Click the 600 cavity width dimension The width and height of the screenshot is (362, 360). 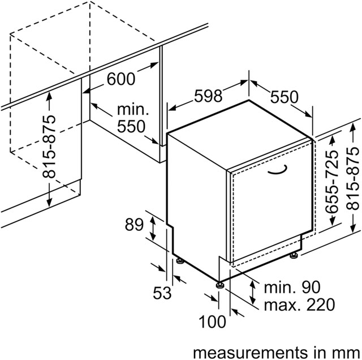(x=121, y=79)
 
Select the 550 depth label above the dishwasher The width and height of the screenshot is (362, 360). (x=283, y=97)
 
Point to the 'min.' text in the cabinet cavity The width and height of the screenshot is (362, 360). (x=133, y=109)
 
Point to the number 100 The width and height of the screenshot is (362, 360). (x=212, y=323)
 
